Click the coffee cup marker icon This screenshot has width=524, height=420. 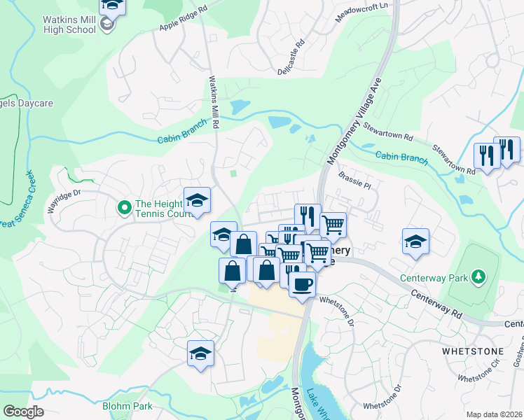[302, 284]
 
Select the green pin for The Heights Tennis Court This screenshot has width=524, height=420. [125, 206]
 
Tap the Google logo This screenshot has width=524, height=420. [23, 412]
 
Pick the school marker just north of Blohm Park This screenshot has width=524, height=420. [200, 352]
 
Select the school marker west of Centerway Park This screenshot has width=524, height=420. [415, 241]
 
